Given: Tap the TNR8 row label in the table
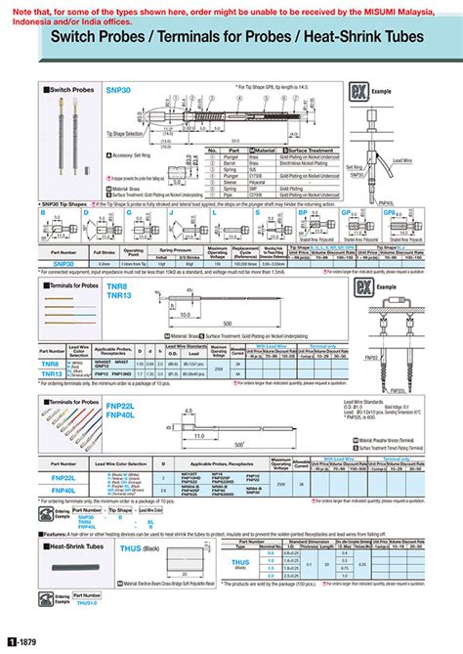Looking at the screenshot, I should pos(52,363).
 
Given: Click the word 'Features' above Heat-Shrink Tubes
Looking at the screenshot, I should pos(55,534).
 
